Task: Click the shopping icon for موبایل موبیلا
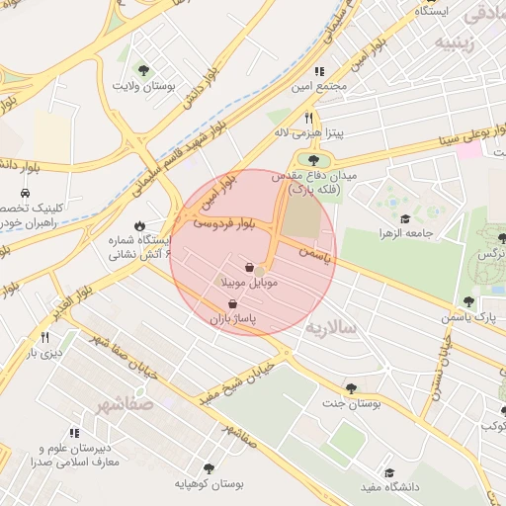pos(250,267)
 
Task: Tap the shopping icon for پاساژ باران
pos(232,304)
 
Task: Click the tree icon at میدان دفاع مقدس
pos(314,159)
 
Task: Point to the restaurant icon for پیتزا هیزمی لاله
pos(307,117)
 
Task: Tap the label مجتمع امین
pos(319,87)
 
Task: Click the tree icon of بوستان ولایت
pos(144,70)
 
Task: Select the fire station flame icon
pos(139,224)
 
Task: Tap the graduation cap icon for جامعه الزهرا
pos(404,219)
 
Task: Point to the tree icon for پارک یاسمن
pos(468,302)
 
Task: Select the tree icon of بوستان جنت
pos(351,388)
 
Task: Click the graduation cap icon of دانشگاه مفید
pos(389,472)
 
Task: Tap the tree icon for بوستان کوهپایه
pos(209,468)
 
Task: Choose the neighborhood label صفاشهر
pos(126,404)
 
